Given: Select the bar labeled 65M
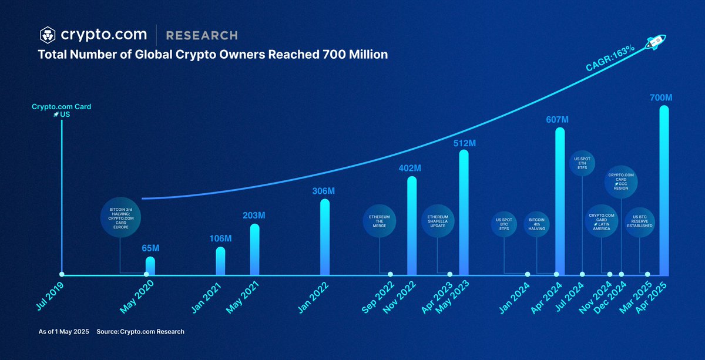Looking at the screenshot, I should tap(150, 266).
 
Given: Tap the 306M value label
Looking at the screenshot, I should tap(323, 191).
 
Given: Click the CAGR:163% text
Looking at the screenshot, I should tap(609, 59).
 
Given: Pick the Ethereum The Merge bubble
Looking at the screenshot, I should tap(380, 221).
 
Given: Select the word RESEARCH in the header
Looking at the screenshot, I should tap(202, 35).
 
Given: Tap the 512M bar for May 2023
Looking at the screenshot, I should tap(464, 213).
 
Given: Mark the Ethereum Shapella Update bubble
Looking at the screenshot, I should tap(438, 221).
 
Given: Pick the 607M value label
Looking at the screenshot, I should tap(557, 120).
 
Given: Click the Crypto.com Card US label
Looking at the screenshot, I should tap(61, 110).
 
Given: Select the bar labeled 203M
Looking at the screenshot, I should tap(254, 250).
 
